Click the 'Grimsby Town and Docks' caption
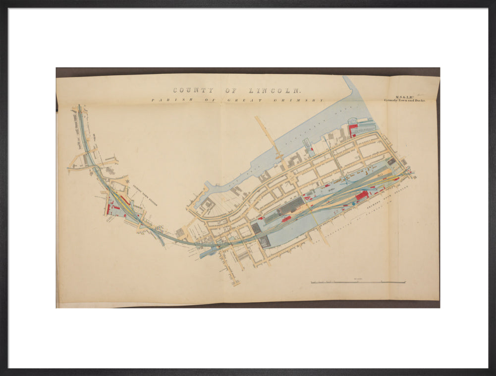tap(404, 100)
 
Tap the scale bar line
tap(358, 282)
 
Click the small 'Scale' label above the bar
tap(357, 279)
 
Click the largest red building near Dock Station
tap(362, 195)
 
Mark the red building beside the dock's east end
tap(353, 130)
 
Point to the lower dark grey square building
tap(265, 242)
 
